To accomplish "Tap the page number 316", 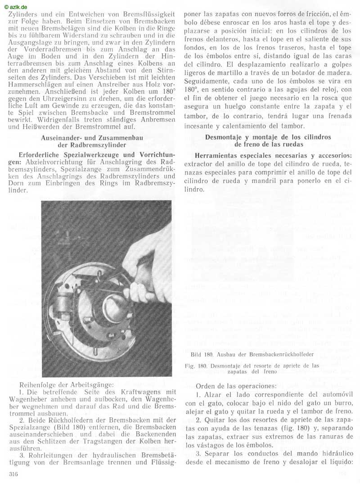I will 14,475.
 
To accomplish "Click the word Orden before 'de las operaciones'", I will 207,386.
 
